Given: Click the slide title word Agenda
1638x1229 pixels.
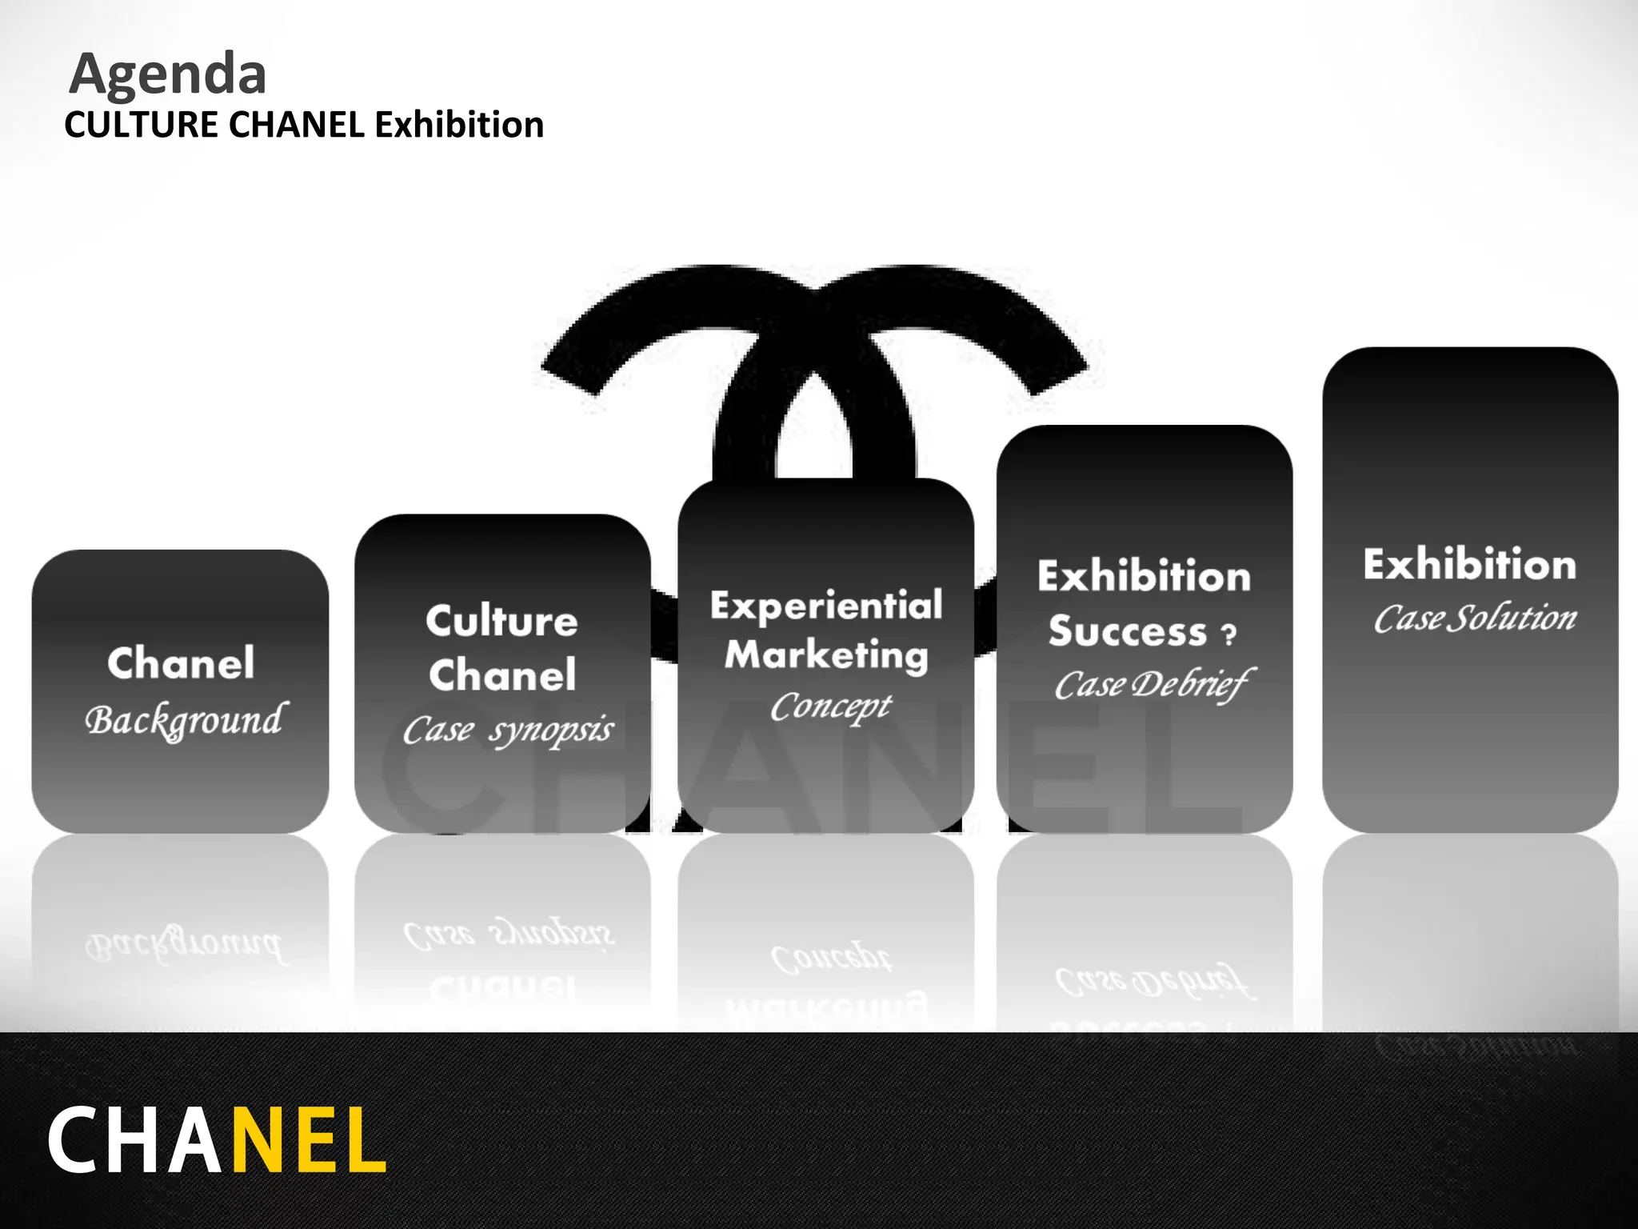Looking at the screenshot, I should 168,74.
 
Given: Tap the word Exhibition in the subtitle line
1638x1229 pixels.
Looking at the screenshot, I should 459,126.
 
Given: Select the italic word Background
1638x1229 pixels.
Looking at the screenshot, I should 184,720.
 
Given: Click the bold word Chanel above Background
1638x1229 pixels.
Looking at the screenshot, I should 181,663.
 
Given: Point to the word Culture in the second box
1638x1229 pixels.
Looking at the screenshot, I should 501,621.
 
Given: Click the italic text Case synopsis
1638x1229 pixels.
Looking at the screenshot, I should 508,730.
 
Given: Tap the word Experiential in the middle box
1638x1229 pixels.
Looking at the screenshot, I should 826,606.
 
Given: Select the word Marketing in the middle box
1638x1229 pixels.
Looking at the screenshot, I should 826,655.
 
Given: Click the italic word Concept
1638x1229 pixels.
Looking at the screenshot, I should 830,707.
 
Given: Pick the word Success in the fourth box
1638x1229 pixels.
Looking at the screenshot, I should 1128,631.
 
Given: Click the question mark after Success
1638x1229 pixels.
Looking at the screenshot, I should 1228,635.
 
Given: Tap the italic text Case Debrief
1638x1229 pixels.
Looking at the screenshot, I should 1153,685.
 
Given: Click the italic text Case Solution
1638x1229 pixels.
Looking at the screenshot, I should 1475,619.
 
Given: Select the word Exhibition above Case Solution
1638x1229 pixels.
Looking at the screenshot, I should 1470,564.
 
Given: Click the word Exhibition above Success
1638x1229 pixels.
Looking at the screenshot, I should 1145,576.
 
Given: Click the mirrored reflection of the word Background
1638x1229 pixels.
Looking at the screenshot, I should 184,946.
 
